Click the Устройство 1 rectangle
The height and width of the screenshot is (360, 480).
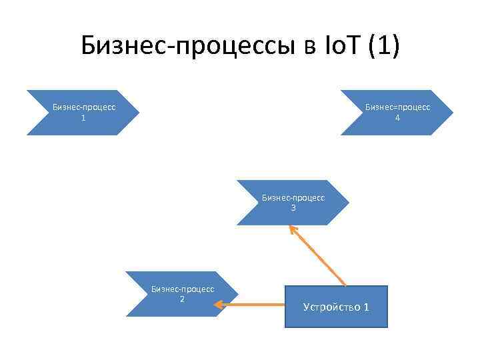coord(336,307)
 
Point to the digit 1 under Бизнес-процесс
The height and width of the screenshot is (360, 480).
coord(83,118)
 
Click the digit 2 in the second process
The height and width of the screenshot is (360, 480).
coord(182,299)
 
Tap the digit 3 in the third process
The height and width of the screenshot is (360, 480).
coord(293,208)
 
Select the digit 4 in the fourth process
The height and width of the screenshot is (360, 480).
coord(397,118)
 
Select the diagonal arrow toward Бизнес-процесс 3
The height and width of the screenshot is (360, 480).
coord(319,257)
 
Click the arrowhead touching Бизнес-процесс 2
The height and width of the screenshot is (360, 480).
coord(217,305)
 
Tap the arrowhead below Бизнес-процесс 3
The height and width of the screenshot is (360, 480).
coord(292,229)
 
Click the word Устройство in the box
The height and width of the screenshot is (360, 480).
coord(330,307)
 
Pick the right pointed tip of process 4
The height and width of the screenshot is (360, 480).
coord(451,113)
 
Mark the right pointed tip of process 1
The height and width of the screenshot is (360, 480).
coord(137,113)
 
